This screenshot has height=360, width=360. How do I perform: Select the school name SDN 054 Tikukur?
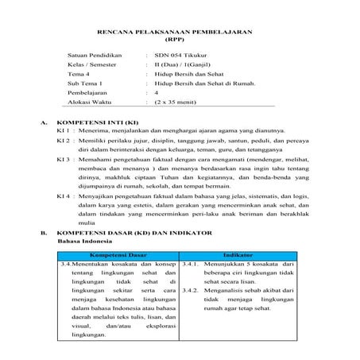tap(180, 60)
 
